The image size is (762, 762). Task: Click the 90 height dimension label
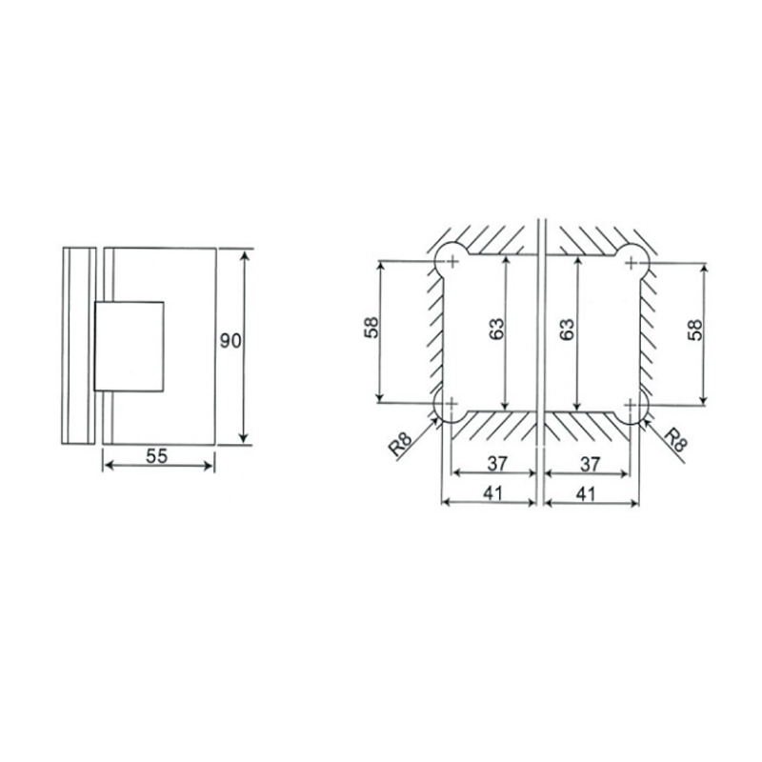point(231,341)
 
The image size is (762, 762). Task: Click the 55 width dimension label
point(157,456)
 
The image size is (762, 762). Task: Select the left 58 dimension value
point(371,328)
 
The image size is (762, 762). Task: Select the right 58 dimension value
point(695,330)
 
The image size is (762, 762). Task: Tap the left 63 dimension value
point(496,329)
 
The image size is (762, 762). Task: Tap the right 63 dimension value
point(567,329)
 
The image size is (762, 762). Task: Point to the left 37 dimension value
point(497,464)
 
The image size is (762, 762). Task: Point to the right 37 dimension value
point(591,464)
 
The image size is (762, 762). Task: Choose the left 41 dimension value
point(492,493)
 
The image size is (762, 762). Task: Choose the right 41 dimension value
point(585,493)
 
